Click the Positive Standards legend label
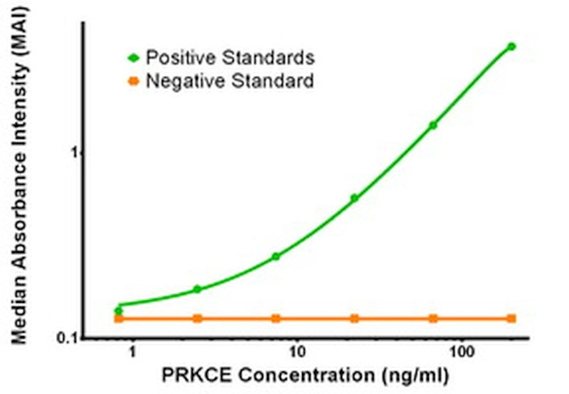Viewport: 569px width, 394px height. click(229, 58)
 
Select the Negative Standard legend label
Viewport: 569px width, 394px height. click(229, 82)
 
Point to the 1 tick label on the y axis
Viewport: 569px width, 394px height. click(74, 152)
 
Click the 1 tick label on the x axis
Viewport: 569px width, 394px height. click(132, 352)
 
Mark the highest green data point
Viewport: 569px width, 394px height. click(511, 46)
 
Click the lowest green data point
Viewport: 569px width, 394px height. click(119, 311)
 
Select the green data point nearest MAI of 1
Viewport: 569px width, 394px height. click(432, 125)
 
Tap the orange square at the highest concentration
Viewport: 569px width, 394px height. click(511, 319)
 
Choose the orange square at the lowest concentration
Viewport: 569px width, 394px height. click(119, 319)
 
